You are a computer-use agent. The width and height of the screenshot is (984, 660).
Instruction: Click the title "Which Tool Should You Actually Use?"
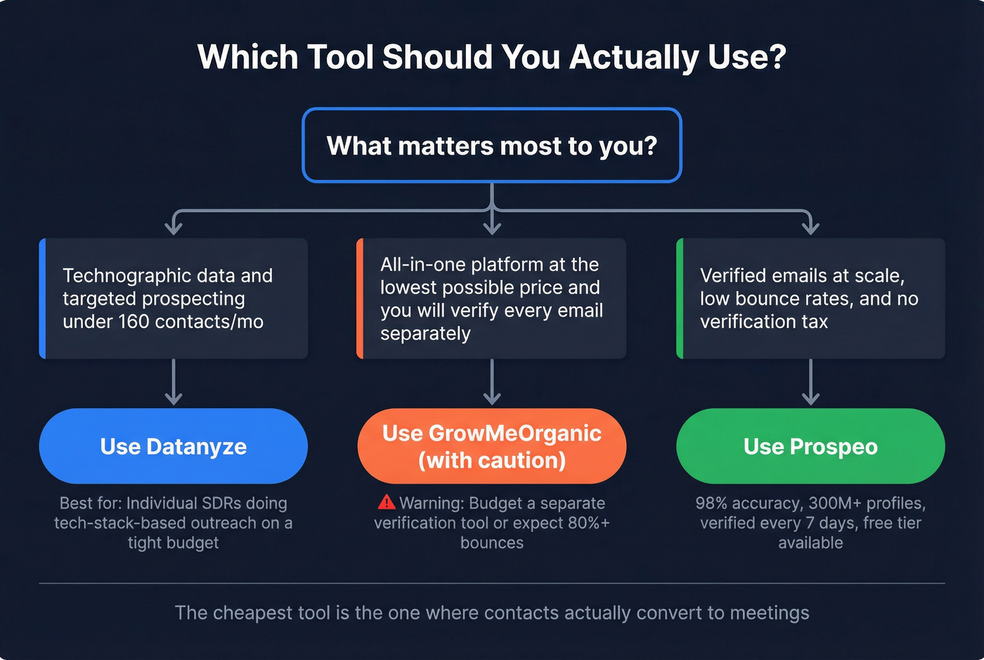[x=491, y=57]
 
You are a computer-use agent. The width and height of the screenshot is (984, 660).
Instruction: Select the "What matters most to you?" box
[x=491, y=145]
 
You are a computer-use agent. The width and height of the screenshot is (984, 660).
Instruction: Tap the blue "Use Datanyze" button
[x=173, y=446]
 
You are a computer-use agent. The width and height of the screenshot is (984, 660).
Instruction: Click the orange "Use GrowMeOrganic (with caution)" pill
[x=491, y=446]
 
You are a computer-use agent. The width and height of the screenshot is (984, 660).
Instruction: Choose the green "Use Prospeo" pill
[x=810, y=446]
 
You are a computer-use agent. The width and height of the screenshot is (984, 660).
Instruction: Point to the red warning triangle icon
[x=387, y=503]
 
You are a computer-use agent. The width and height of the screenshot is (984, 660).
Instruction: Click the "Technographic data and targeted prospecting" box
[x=173, y=299]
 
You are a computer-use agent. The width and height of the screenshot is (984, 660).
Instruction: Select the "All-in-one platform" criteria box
[x=491, y=299]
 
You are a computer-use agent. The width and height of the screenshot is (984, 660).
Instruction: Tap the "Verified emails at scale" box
[x=810, y=299]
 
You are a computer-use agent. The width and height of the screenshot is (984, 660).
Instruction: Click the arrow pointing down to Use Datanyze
[x=173, y=383]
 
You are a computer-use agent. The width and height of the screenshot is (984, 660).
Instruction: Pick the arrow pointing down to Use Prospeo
[x=810, y=383]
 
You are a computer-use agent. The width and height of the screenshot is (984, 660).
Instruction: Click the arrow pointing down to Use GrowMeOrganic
[x=492, y=383]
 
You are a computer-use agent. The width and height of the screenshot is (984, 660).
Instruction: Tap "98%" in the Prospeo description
[x=711, y=503]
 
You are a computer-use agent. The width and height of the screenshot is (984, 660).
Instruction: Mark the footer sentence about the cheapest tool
[x=491, y=613]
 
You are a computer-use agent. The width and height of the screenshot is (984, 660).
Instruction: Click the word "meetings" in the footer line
[x=770, y=613]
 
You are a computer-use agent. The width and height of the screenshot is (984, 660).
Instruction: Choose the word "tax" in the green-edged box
[x=815, y=322]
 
